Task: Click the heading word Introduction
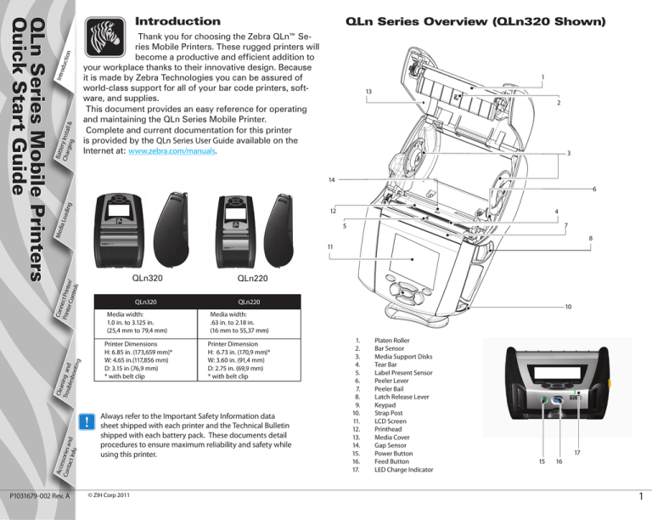tap(178, 20)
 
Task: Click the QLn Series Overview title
tap(486, 20)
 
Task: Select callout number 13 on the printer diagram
tap(367, 91)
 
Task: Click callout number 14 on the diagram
tap(330, 181)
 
